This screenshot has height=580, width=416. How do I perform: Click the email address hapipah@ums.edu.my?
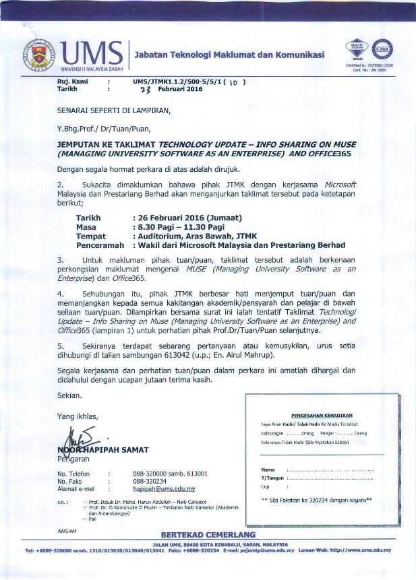pyautogui.click(x=164, y=488)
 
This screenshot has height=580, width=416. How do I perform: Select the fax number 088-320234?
pyautogui.click(x=149, y=481)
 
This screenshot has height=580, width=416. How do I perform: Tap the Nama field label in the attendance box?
pyautogui.click(x=268, y=469)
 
